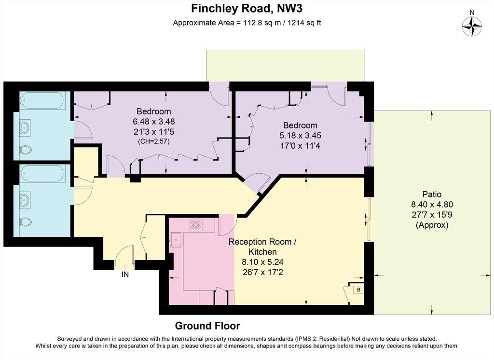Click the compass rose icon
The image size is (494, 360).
coord(472,26)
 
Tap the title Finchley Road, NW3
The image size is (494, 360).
coord(247,9)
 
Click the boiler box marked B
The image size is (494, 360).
coord(358,290)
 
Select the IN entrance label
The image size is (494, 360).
coord(125,275)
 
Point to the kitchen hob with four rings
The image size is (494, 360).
coord(196,224)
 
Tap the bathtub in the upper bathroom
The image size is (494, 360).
coord(42,100)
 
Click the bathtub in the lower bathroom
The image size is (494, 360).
coord(42,173)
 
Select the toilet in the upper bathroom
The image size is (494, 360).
coord(26,150)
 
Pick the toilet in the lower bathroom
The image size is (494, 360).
coord(26,222)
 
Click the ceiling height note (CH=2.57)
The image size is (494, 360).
coord(154,141)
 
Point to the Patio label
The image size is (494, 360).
coord(432,194)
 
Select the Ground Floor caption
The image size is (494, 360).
coord(207,326)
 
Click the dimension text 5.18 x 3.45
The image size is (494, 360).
coord(300,136)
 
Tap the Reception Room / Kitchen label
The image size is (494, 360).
coord(262,247)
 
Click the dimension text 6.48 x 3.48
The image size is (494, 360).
coord(154,121)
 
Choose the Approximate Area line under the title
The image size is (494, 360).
coord(247,23)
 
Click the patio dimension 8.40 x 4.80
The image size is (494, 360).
coord(432,204)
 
